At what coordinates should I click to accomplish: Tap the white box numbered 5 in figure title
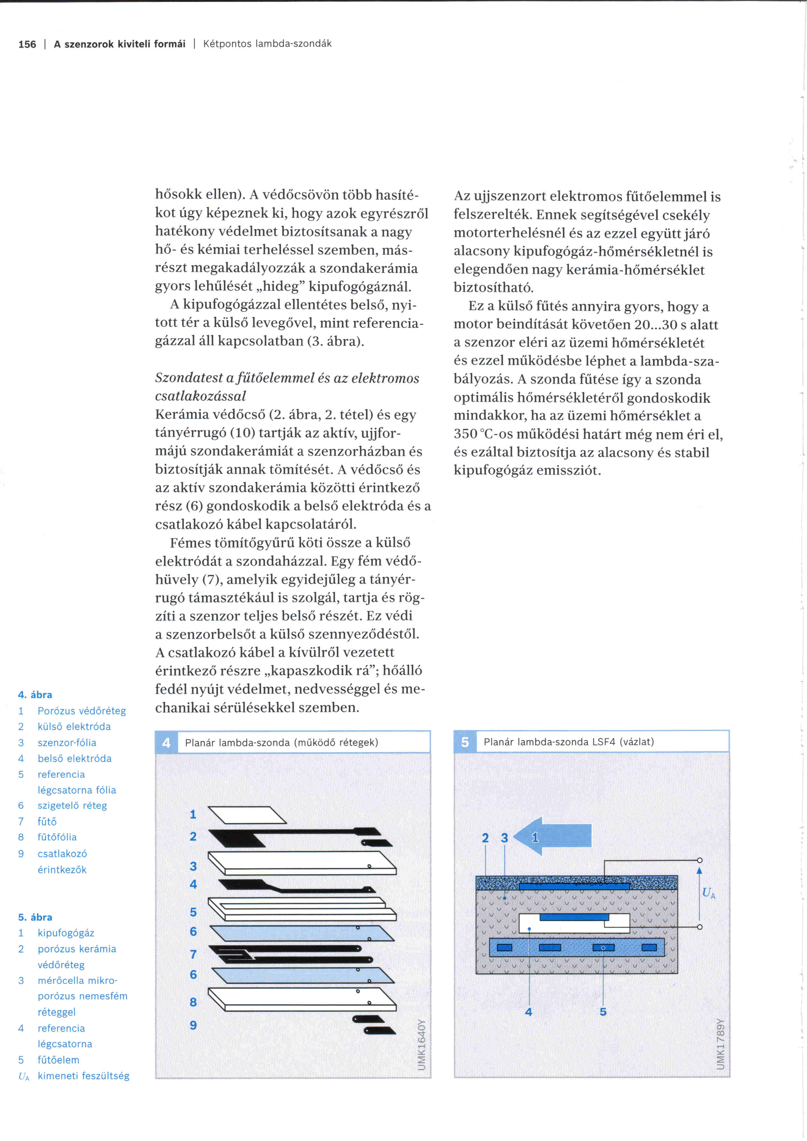465,742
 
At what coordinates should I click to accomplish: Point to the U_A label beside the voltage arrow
708,893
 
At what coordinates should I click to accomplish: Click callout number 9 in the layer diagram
193,1025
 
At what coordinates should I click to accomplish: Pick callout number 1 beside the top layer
193,814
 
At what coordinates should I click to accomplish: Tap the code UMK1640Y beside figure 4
421,1044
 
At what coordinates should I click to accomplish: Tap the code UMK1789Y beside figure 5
720,1044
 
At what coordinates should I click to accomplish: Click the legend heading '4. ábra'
35,695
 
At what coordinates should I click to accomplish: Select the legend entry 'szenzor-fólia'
67,742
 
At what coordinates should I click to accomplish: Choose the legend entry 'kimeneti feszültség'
84,1076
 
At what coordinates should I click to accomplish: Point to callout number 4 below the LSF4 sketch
528,1012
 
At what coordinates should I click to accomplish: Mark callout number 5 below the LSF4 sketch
603,1012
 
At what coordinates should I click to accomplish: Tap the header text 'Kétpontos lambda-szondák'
267,44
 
